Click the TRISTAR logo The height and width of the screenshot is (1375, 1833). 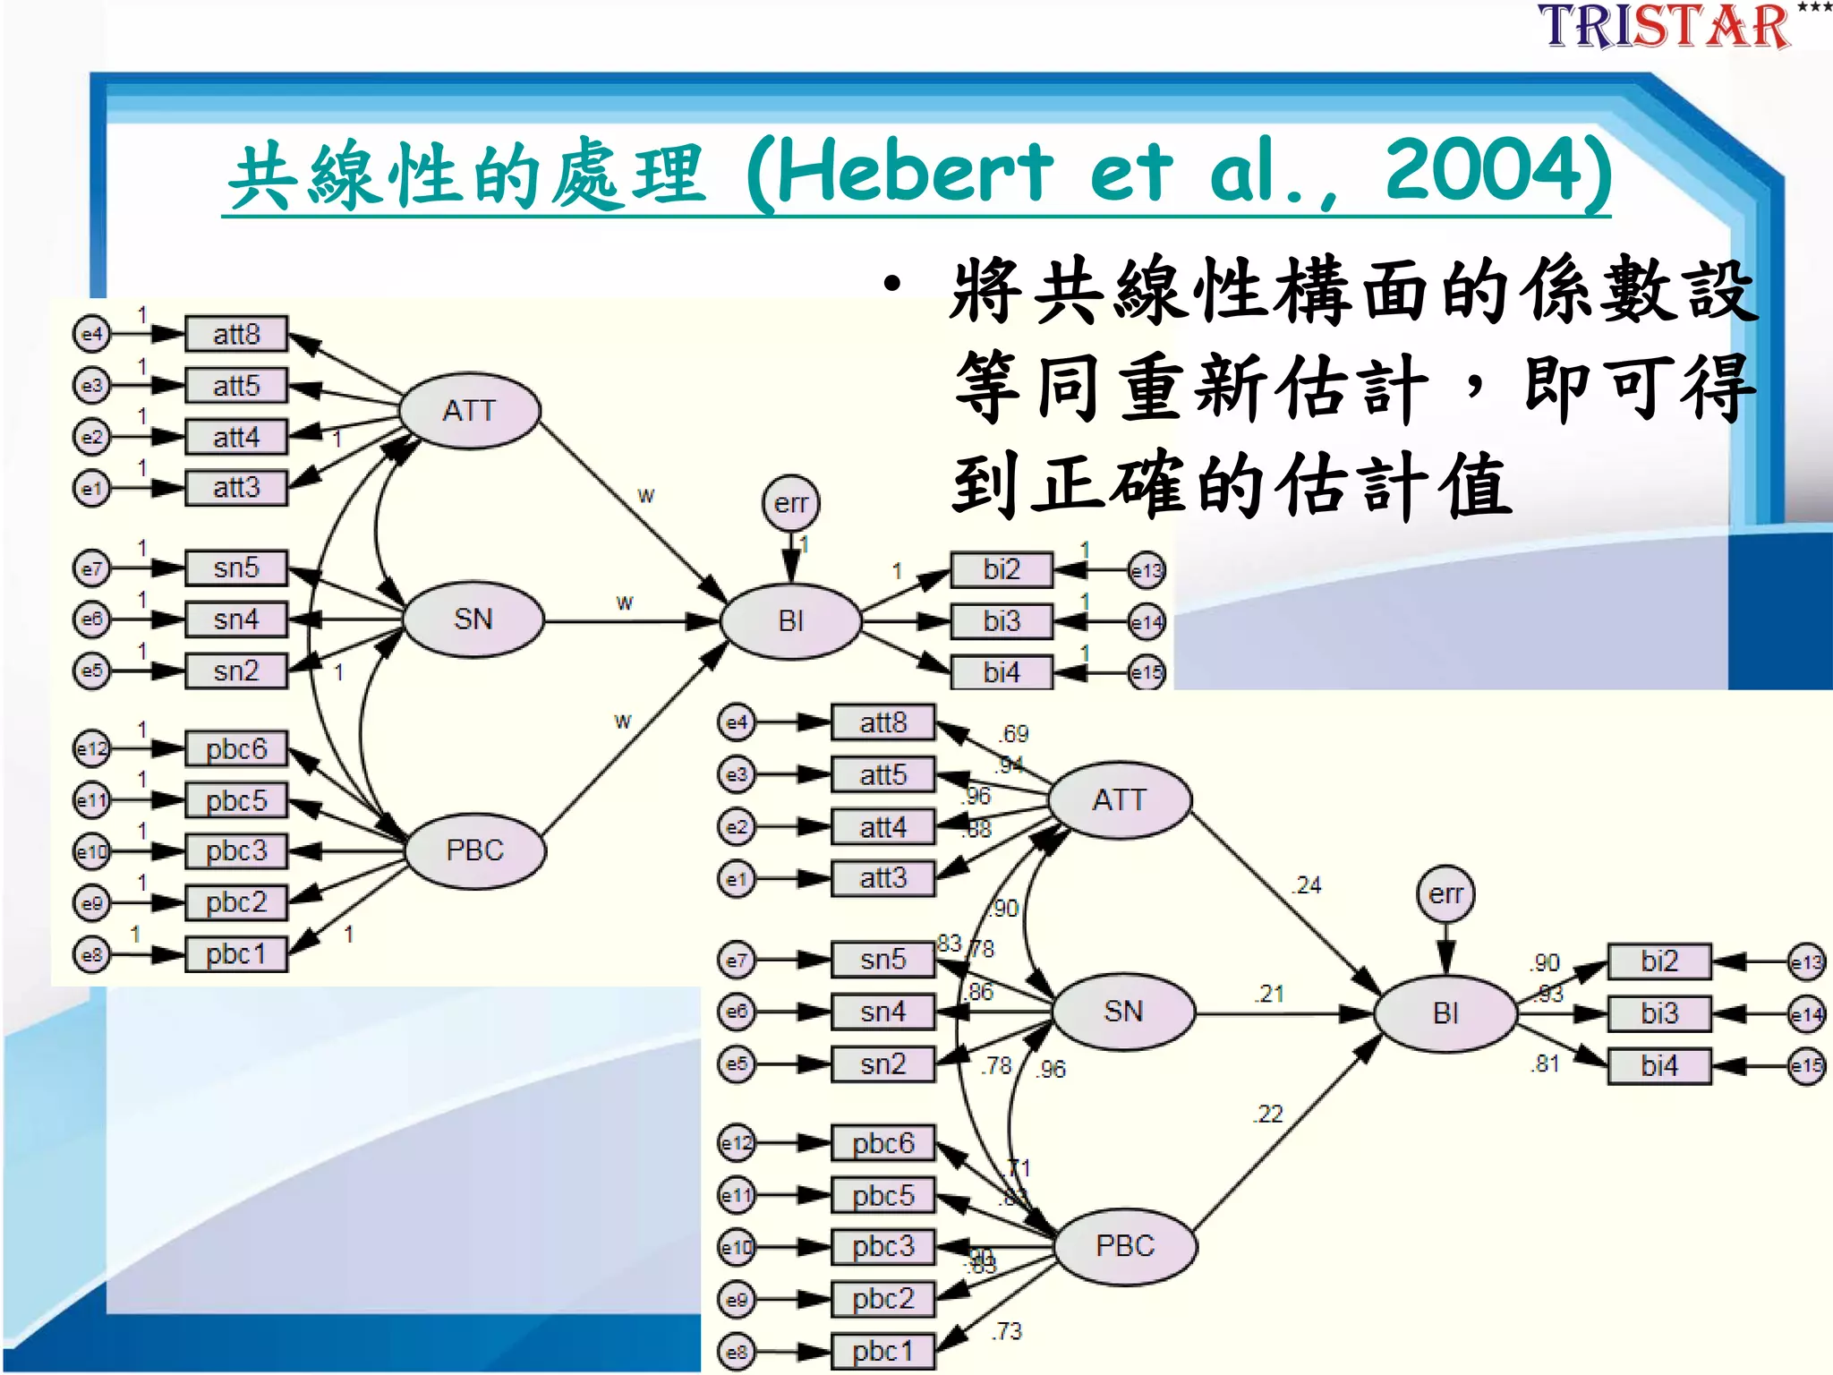(1665, 26)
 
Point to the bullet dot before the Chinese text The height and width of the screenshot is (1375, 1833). (891, 286)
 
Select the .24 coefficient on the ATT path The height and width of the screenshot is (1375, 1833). (1307, 885)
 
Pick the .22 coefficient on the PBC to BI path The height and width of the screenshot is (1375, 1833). (1268, 1114)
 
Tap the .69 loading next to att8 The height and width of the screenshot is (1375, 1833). (1014, 734)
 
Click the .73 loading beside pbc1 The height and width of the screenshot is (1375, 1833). (1006, 1331)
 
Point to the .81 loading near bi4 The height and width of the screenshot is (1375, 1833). (1545, 1063)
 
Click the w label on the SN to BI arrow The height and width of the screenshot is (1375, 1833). (625, 602)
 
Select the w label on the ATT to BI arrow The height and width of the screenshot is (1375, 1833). (645, 494)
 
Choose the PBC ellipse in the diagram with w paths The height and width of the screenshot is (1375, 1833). (475, 850)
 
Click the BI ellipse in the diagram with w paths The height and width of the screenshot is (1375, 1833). (790, 620)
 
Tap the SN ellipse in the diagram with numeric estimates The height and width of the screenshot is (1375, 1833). (1123, 1012)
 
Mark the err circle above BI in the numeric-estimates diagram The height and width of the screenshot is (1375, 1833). (1445, 893)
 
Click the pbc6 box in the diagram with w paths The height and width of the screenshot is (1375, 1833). (236, 748)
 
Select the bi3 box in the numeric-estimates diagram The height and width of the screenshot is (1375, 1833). (1659, 1013)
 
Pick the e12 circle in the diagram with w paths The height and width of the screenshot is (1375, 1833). (91, 748)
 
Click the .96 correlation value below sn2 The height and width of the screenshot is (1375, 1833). (1053, 1069)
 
